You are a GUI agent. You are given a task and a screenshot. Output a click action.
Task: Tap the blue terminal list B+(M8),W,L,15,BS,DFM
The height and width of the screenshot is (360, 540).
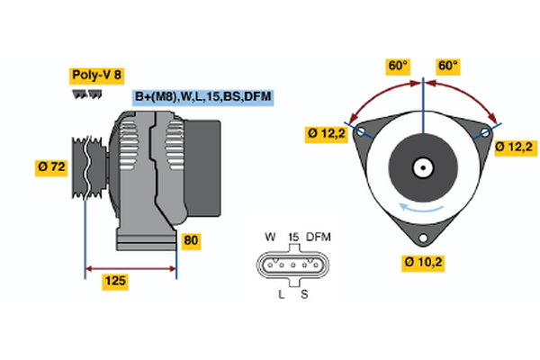coord(202,97)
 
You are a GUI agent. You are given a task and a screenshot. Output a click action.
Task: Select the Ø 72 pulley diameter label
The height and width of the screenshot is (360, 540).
coord(50,166)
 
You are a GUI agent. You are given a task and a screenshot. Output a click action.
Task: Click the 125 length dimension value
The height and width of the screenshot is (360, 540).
coord(114,282)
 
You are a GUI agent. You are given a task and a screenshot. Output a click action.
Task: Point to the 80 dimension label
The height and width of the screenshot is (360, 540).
coord(191,240)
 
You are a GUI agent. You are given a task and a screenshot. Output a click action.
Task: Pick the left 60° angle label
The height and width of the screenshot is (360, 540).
coord(397,66)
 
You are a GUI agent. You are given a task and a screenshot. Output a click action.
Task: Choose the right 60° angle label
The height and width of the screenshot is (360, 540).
coord(448,66)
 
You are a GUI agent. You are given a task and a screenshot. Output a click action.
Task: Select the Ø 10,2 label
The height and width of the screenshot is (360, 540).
coord(424,263)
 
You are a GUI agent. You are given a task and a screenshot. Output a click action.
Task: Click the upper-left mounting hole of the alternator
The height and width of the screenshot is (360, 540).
coord(361,131)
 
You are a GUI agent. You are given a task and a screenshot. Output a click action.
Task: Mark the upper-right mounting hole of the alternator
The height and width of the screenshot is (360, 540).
coord(485,131)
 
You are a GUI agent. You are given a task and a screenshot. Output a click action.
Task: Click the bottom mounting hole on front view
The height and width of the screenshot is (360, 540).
coord(423,238)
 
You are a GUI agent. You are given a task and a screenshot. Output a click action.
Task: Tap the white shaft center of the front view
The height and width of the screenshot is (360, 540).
coord(423,167)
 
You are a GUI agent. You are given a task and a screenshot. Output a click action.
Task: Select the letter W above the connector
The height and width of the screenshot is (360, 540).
coord(270,237)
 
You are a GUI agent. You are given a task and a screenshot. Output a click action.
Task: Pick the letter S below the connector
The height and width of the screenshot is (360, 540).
coord(302,294)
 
